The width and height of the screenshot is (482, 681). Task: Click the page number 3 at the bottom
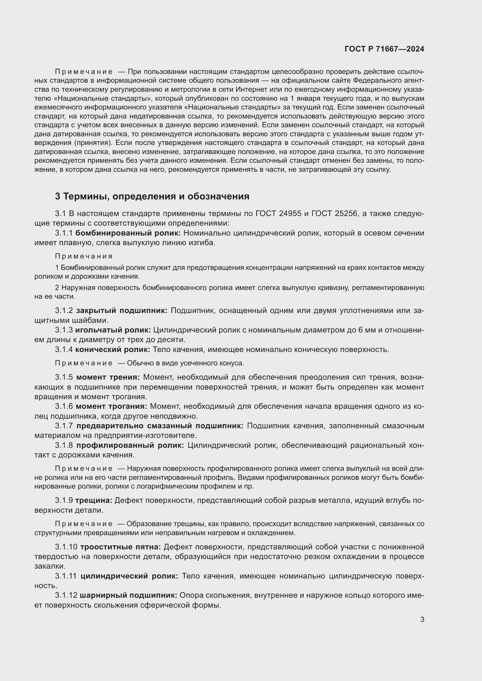(422, 619)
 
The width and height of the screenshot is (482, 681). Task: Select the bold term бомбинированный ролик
(128, 233)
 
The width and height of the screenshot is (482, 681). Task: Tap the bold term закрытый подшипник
(122, 311)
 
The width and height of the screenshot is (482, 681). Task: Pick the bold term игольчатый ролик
(113, 330)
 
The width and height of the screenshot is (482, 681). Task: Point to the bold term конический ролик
(113, 349)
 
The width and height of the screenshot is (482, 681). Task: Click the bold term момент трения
(108, 377)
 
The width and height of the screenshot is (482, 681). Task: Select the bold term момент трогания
(112, 406)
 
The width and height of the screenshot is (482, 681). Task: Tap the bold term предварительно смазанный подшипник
(160, 426)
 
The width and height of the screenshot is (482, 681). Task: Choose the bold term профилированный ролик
(130, 445)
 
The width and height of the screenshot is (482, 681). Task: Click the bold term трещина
(94, 500)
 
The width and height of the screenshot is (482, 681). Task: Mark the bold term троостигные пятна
(121, 547)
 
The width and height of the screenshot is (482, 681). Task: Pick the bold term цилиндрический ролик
(129, 576)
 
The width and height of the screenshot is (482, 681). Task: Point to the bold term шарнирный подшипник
(129, 595)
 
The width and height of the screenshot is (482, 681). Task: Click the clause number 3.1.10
(66, 547)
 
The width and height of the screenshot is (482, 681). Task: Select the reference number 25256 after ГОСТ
(346, 213)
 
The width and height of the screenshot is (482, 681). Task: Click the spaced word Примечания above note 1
(84, 256)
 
